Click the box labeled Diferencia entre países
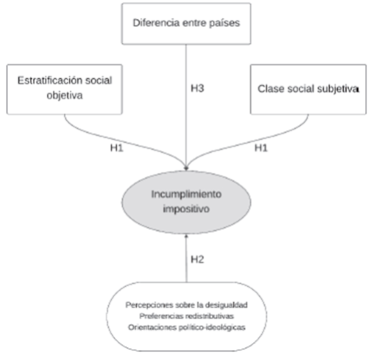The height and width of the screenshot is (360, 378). point(187,24)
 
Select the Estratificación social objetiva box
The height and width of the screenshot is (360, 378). point(65,89)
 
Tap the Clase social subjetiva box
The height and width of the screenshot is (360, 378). point(308,89)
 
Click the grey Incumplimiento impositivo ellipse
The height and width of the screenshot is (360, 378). point(187,202)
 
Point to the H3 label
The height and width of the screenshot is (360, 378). point(197,89)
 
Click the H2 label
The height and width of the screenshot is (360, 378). point(197,259)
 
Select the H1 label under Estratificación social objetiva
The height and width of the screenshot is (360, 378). point(117,148)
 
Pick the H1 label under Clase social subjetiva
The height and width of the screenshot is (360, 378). point(261,148)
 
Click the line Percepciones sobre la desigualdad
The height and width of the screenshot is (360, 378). point(187,305)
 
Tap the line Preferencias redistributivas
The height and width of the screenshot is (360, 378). point(187,316)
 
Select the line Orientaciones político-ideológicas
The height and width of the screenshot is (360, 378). point(187,327)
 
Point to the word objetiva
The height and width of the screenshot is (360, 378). point(65,96)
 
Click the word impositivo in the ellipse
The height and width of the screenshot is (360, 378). point(187,209)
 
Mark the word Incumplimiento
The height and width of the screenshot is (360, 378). point(187,194)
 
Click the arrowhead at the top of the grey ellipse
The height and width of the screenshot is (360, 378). point(187,169)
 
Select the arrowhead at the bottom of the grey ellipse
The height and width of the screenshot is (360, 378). point(187,236)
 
